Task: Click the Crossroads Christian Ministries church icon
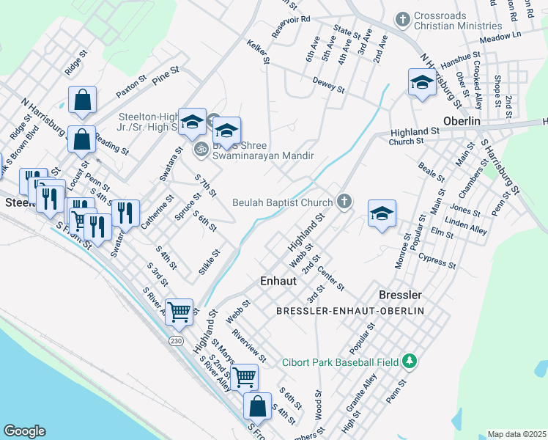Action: [402, 18]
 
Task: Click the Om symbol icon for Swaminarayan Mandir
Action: [200, 149]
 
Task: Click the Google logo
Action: [24, 430]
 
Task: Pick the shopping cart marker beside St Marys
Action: [244, 376]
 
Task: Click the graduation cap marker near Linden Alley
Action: [382, 213]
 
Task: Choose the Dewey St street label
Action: [328, 84]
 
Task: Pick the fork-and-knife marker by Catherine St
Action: [126, 213]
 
